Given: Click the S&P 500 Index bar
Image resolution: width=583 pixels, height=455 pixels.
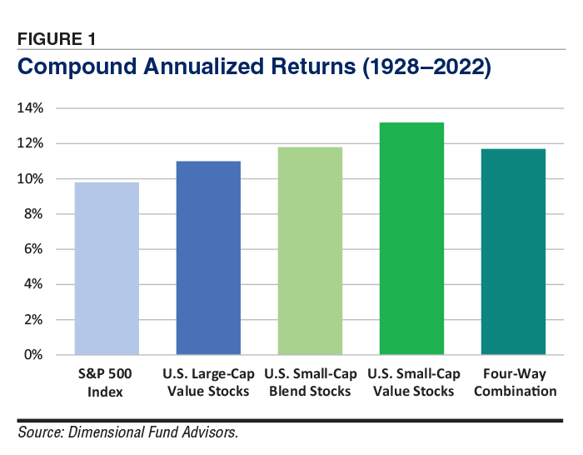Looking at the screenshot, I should coord(107,268).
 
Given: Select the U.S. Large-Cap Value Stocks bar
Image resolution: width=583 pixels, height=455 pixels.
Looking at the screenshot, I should coord(208,258).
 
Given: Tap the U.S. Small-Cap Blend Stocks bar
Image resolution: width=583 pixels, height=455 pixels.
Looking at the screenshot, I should coord(310,251).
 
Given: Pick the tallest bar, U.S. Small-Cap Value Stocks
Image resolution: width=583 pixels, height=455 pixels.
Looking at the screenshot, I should coord(411,238).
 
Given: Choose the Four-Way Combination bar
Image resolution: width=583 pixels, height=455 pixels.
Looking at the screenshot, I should coord(513,252).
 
